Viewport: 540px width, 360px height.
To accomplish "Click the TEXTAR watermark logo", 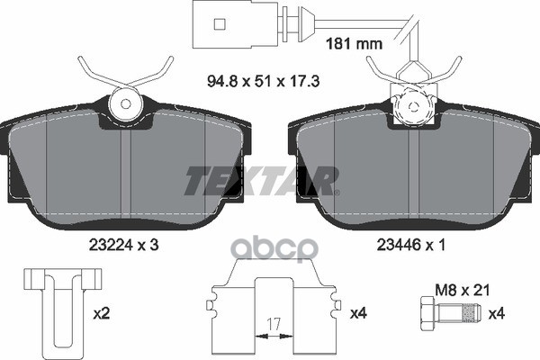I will point(261,179).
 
